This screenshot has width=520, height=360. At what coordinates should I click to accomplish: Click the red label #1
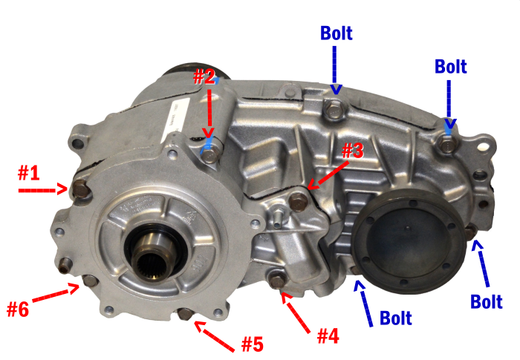(28, 173)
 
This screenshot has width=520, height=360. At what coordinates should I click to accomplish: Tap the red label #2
(204, 76)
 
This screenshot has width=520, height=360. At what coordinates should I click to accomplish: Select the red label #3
(353, 151)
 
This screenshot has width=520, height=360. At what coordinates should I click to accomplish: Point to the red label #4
(328, 336)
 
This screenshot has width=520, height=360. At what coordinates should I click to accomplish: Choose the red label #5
(253, 344)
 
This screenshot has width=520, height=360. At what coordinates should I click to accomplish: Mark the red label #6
(18, 309)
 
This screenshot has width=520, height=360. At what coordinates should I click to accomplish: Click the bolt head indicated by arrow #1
(80, 189)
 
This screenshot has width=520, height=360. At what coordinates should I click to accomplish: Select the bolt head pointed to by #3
(299, 201)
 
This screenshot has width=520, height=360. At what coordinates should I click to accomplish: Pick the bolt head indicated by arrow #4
(277, 281)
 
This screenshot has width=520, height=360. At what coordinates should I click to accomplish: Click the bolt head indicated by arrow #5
(185, 314)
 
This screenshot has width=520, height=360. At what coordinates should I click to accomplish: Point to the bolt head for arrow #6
(90, 281)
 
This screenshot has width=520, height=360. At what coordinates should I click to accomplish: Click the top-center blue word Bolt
(337, 33)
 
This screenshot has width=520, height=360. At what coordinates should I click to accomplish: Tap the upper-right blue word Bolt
(451, 66)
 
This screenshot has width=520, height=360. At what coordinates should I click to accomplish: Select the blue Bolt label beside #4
(396, 318)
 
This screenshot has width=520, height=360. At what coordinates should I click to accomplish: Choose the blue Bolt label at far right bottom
(487, 301)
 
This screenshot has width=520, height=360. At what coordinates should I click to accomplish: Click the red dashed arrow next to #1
(43, 190)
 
